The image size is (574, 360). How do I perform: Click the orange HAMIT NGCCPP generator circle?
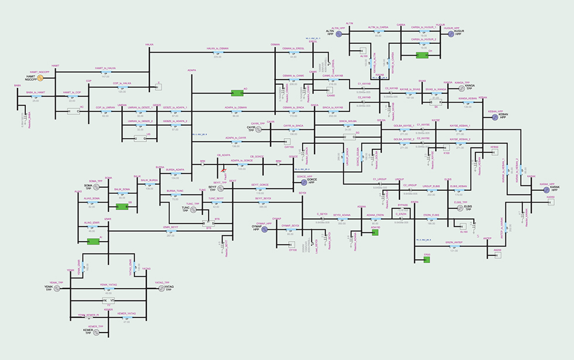tap(40, 77)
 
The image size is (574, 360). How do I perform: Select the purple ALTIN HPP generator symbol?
tap(339, 34)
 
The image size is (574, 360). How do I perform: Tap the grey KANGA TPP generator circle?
tap(453, 88)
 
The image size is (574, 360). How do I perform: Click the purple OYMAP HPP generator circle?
tap(264, 229)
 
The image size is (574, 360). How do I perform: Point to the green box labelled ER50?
tap(427, 259)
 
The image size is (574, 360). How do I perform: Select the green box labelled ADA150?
tap(375, 232)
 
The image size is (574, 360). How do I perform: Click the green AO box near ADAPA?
tap(237, 92)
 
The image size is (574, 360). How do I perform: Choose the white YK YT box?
tap(108, 301)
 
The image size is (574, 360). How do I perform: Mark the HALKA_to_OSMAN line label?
tap(217, 49)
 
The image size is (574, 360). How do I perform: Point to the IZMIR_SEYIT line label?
tap(170, 226)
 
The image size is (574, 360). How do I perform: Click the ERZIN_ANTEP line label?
tap(455, 242)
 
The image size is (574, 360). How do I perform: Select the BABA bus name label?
tap(17, 85)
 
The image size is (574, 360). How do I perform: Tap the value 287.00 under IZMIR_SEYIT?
tap(170, 235)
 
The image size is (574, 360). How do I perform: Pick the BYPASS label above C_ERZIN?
tap(402, 205)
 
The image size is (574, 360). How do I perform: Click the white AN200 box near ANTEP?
tap(497, 255)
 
